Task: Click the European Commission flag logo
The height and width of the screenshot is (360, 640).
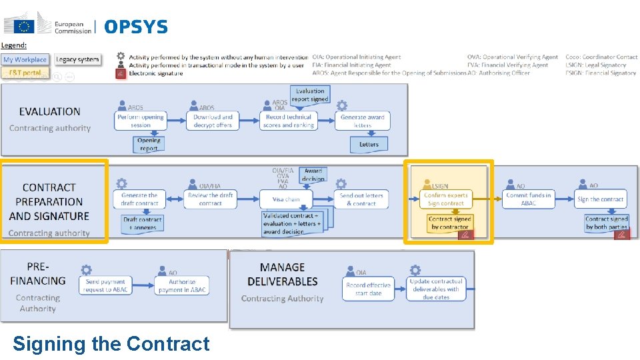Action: (x=25, y=26)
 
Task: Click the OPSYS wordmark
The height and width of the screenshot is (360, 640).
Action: (x=136, y=27)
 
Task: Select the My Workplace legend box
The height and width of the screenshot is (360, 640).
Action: (x=25, y=59)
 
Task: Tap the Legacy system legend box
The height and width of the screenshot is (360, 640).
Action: (x=77, y=59)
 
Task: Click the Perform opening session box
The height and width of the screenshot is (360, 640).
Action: (x=141, y=121)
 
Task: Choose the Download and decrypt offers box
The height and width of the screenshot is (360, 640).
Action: (x=213, y=121)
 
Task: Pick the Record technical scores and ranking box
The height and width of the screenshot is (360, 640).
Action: (x=289, y=121)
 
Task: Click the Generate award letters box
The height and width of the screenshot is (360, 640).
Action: (x=363, y=121)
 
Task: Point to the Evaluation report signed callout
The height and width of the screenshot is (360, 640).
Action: (x=310, y=95)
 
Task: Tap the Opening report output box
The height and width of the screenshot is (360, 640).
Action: (x=149, y=145)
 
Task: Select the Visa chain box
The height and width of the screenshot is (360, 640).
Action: (x=287, y=199)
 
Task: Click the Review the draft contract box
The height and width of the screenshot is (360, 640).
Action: (x=210, y=199)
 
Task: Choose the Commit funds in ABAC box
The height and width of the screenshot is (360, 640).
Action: (x=528, y=199)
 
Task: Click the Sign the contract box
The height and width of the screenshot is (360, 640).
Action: (x=600, y=199)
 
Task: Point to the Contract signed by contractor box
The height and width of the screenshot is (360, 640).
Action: (x=449, y=223)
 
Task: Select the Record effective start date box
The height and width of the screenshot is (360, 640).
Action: (x=368, y=289)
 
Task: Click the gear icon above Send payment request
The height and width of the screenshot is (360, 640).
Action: (x=86, y=270)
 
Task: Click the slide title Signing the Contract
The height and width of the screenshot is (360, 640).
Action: (x=111, y=343)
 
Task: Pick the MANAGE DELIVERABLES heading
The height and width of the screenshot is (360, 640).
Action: (x=282, y=274)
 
